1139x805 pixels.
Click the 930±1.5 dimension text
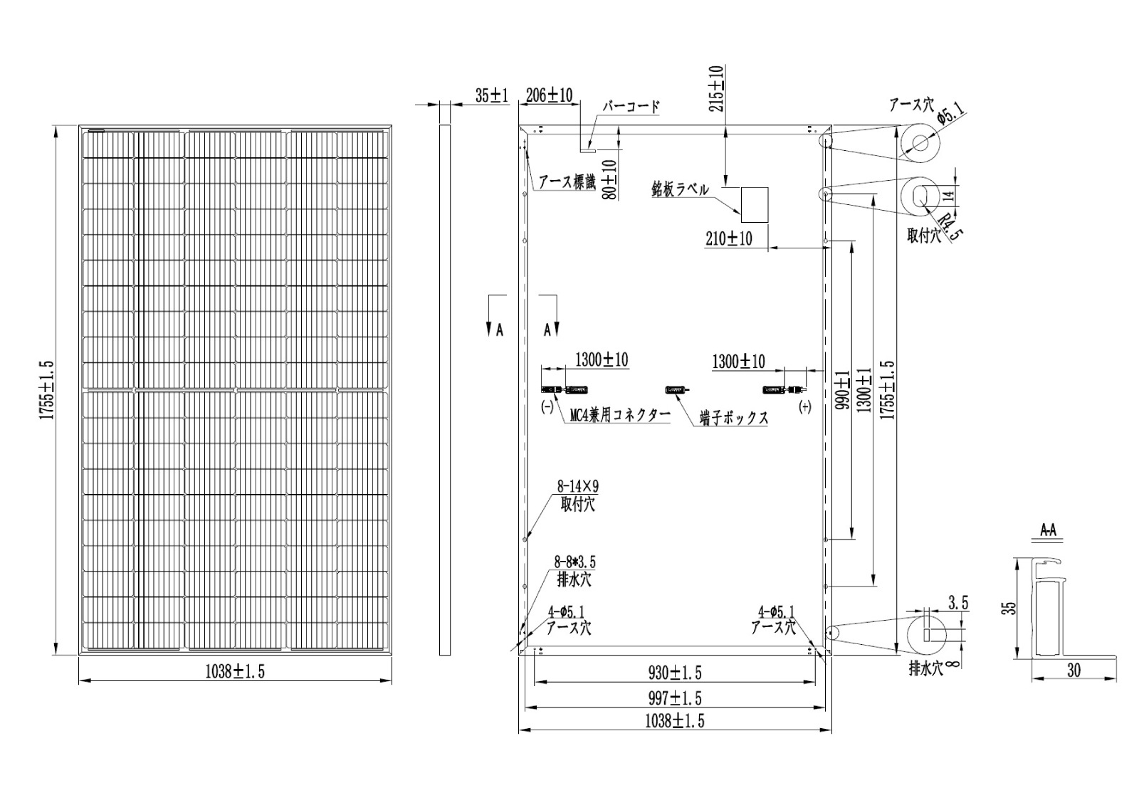pos(675,673)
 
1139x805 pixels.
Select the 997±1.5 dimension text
pos(675,698)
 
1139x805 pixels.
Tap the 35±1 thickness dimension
pos(492,95)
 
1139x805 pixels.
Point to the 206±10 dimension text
pos(549,95)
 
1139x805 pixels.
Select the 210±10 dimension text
pos(729,238)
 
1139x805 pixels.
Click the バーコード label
pos(631,106)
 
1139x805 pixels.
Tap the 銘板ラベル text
pos(680,189)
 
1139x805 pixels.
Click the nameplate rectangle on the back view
pos(755,205)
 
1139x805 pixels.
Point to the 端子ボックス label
pos(734,418)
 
